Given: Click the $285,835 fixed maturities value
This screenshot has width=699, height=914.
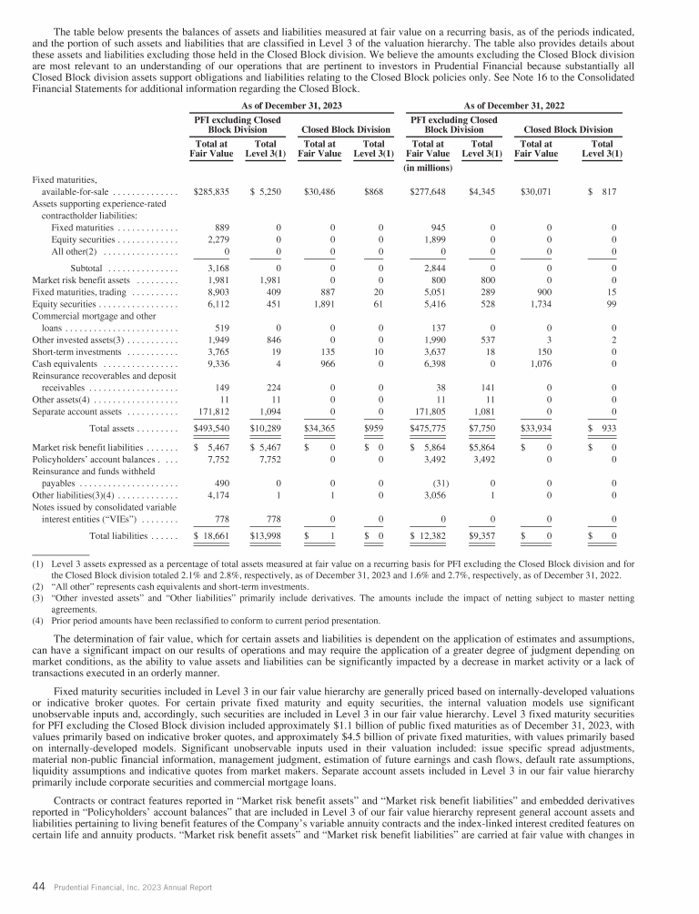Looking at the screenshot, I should point(211,193).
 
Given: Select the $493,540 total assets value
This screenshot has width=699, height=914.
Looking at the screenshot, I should point(211,426).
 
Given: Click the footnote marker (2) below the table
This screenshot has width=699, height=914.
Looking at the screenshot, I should point(35,587).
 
